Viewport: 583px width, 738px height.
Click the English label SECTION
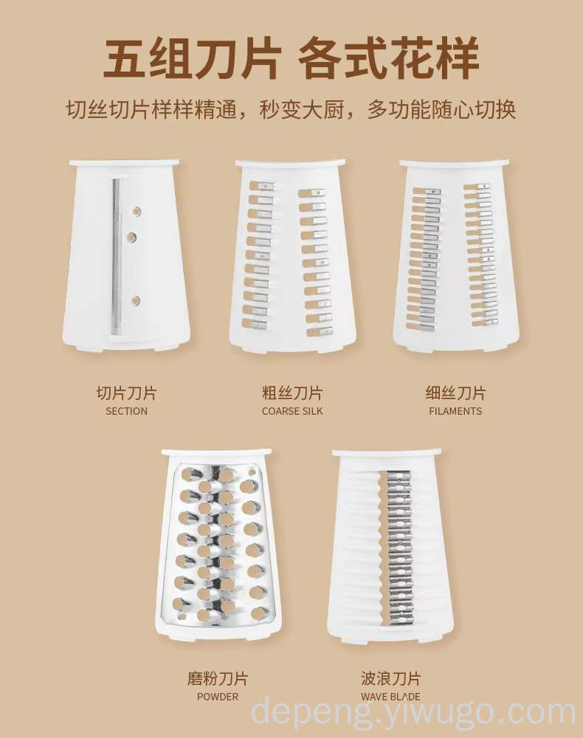[126, 411]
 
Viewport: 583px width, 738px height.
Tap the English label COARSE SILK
[292, 411]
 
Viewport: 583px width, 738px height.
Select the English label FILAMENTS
[455, 411]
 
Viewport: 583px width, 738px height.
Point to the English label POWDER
[218, 697]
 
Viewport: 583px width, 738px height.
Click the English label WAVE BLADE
[390, 697]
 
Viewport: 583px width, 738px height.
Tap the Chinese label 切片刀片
[127, 393]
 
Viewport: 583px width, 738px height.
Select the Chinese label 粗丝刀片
[292, 393]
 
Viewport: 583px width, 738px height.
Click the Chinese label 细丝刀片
[455, 393]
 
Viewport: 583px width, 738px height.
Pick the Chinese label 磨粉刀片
[218, 678]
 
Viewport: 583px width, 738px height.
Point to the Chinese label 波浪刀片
[390, 678]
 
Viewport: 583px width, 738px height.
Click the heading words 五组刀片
[192, 60]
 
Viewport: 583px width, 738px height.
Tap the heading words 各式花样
[389, 60]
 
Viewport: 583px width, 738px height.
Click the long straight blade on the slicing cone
[116, 257]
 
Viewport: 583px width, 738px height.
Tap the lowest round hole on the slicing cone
[136, 300]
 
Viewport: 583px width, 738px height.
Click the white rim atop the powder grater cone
[217, 453]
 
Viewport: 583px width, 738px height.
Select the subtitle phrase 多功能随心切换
[441, 109]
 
